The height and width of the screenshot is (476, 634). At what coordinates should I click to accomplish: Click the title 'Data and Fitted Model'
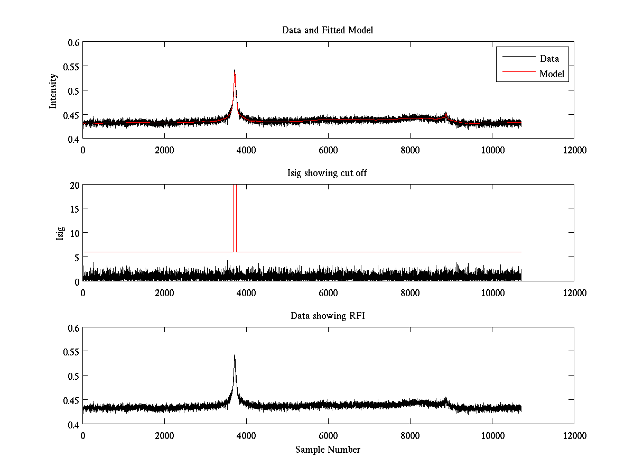click(x=328, y=30)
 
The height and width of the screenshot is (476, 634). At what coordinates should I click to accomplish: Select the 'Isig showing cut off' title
click(x=328, y=173)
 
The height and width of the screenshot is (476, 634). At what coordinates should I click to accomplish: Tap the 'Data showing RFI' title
click(x=328, y=316)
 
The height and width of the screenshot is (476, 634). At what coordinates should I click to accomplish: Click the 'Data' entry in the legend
click(x=549, y=59)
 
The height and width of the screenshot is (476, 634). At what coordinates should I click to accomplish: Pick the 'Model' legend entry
click(x=552, y=74)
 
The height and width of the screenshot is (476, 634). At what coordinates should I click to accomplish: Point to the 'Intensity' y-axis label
click(x=53, y=90)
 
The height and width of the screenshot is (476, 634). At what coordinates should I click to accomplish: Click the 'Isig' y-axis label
click(x=60, y=233)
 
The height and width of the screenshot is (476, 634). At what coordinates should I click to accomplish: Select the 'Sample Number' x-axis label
click(x=328, y=450)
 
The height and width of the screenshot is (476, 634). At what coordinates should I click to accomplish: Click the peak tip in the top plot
click(x=235, y=70)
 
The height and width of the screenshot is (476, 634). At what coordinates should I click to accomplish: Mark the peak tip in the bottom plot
click(x=235, y=355)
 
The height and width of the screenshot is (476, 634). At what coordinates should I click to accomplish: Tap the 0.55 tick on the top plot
click(x=72, y=67)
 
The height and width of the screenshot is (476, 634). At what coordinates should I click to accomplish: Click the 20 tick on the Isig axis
click(x=74, y=185)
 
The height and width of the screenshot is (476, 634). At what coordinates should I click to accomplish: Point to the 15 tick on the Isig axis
click(x=74, y=209)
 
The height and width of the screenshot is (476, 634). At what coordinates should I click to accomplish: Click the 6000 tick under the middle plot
click(x=328, y=292)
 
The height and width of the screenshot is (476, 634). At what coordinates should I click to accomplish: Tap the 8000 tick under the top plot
click(x=409, y=150)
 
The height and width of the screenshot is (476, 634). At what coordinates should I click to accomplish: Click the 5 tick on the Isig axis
click(x=76, y=257)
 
